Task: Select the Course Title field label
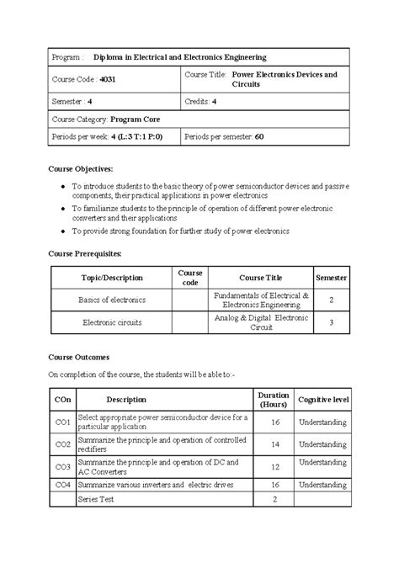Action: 205,75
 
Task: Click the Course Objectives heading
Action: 82,170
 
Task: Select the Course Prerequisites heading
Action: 87,252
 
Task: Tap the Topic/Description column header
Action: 111,278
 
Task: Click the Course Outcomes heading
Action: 78,357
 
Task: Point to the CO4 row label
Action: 62,485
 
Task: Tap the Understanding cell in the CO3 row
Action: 322,465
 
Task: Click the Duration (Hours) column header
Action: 274,400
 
